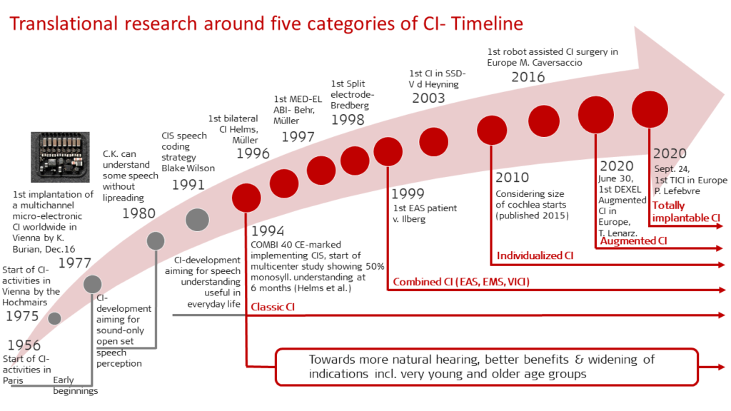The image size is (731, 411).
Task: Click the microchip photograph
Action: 60,157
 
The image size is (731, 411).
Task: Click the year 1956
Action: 24,345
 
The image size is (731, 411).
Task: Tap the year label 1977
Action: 74,263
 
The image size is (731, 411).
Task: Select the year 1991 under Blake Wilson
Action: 188,185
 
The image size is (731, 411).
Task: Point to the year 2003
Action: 428,98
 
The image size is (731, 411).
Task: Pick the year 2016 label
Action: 528,77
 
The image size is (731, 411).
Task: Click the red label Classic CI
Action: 273,307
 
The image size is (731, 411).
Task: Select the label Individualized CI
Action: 535,255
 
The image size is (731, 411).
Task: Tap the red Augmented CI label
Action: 634,241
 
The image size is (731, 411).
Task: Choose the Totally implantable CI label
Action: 686,211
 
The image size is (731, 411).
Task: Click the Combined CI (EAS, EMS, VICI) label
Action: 461,281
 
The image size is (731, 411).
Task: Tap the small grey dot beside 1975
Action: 54,318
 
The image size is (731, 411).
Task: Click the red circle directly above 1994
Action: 246,198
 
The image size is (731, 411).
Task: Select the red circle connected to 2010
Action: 492,130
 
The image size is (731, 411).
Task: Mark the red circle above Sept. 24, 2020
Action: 650,109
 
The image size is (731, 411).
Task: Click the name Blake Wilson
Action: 188,168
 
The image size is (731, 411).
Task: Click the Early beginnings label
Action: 75,385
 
